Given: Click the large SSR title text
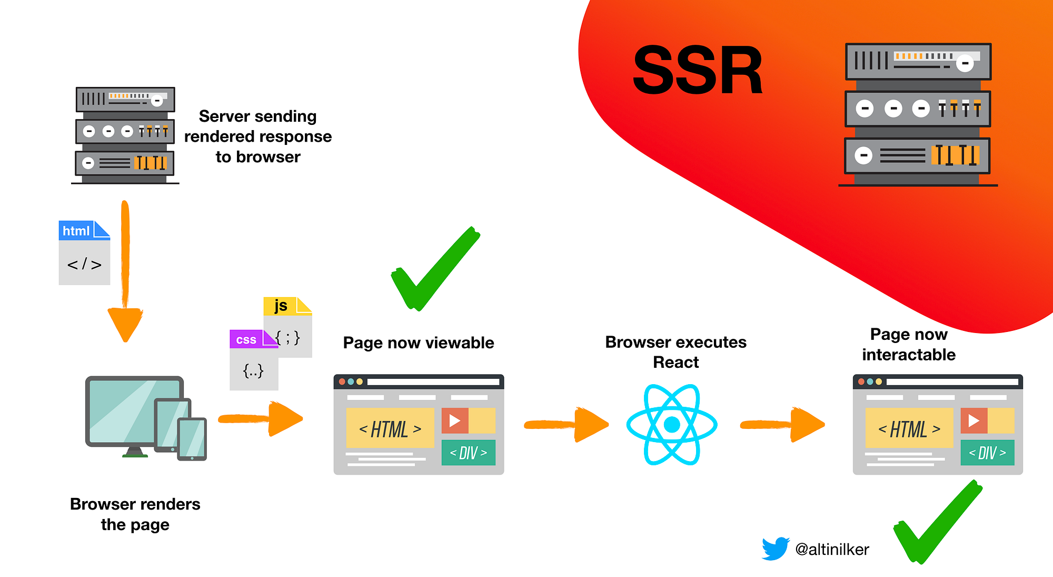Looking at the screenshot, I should [x=697, y=71].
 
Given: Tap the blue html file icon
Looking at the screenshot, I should [x=84, y=253].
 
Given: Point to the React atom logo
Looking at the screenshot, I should [x=672, y=424].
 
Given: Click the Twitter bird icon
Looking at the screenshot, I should [x=775, y=549].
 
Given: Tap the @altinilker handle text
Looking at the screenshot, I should [x=832, y=549].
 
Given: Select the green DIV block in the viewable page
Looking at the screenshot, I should [x=468, y=453].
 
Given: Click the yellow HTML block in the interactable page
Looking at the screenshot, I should [x=909, y=428].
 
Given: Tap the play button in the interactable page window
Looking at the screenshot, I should [x=973, y=420].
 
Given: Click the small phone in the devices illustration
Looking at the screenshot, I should [x=192, y=439].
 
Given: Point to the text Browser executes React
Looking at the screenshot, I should [x=675, y=352].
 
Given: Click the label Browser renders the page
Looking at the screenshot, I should [x=135, y=514].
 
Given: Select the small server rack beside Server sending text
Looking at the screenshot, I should [x=125, y=135].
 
